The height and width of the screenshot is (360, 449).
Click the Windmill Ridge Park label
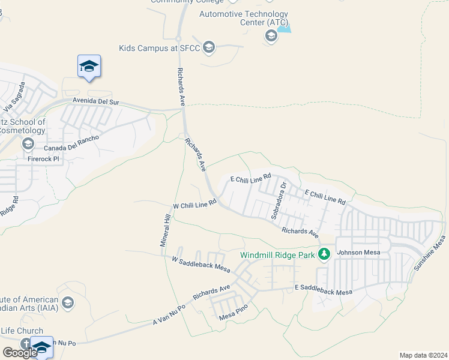point(277,255)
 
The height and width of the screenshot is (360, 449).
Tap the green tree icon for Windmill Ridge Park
point(324,254)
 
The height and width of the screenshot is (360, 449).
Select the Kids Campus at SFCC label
point(160,47)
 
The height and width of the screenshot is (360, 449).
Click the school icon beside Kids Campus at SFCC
point(209,47)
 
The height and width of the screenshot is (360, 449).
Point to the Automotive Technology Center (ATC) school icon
point(271,37)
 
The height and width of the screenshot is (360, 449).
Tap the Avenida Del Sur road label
point(96,102)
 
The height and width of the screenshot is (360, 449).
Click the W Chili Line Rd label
point(194,205)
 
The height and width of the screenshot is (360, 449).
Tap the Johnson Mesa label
point(358,253)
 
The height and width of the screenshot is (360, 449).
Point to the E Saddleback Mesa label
point(323,291)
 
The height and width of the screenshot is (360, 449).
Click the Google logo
point(19,352)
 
